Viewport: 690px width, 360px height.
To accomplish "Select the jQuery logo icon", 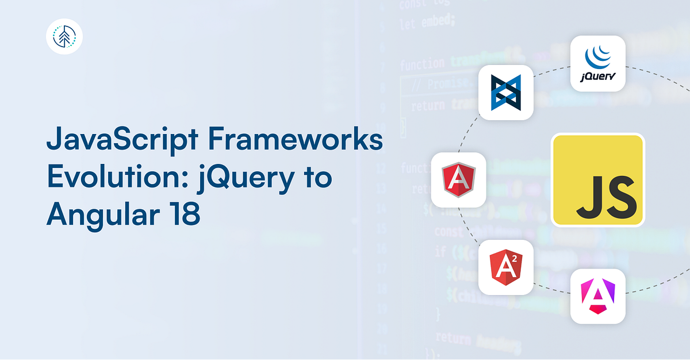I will (x=597, y=63).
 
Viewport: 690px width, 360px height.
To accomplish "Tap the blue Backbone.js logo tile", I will (x=506, y=92).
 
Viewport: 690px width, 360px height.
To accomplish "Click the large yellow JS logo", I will (x=597, y=180).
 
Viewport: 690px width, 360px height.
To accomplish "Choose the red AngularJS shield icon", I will (x=458, y=180).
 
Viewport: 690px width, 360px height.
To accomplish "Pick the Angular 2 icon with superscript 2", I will (x=506, y=267).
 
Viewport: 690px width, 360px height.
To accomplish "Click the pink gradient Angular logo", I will (x=597, y=296).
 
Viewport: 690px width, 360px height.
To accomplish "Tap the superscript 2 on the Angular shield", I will (x=515, y=259).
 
